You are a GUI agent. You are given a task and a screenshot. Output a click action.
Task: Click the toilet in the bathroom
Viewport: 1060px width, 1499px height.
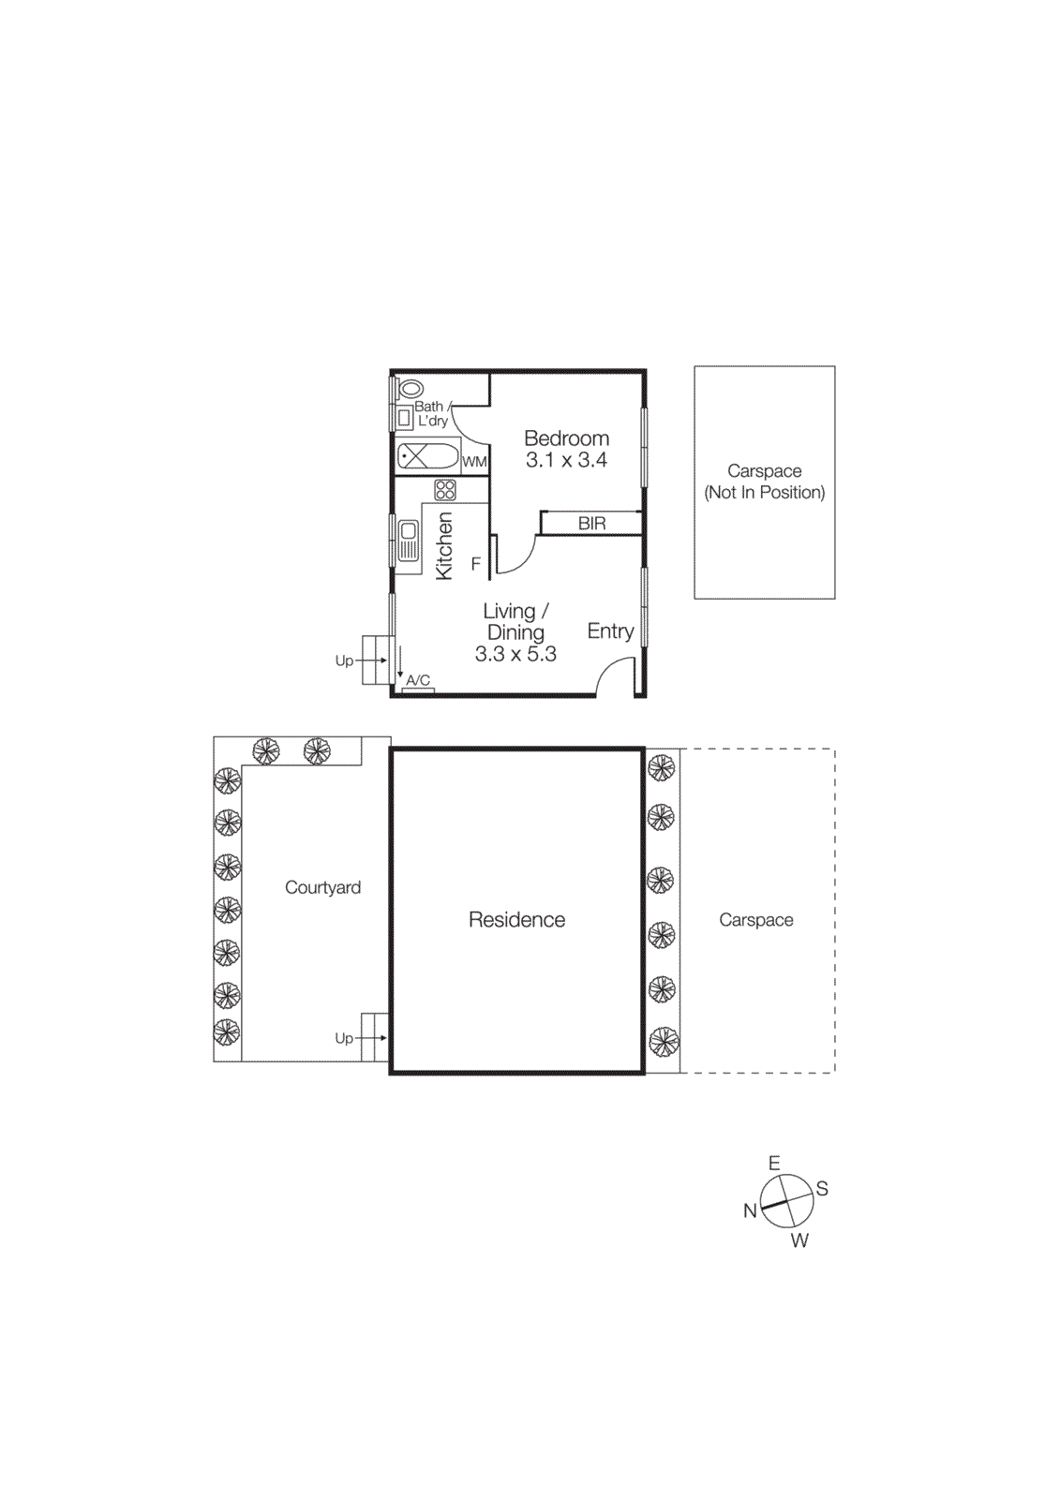(411, 389)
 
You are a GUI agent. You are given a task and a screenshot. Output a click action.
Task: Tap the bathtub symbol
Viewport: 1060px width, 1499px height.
(428, 457)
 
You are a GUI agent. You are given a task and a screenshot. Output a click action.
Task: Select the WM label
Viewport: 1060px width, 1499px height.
(474, 462)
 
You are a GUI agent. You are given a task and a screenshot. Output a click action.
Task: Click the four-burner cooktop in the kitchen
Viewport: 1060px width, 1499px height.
(445, 490)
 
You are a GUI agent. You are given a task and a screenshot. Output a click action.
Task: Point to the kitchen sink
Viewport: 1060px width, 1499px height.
(409, 541)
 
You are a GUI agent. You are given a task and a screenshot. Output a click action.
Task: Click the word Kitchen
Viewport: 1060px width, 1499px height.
(444, 546)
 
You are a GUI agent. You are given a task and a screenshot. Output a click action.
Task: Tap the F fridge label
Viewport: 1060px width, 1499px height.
(476, 564)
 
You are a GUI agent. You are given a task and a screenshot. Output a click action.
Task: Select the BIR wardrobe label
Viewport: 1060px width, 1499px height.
(591, 524)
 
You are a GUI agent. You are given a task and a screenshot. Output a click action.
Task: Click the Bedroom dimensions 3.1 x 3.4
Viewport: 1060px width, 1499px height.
(566, 460)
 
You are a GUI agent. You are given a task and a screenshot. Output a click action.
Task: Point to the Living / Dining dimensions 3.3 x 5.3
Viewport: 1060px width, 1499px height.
(515, 654)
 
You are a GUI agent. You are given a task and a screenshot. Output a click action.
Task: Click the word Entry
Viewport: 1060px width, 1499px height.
(610, 631)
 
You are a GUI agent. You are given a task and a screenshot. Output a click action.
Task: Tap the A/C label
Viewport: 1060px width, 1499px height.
(418, 680)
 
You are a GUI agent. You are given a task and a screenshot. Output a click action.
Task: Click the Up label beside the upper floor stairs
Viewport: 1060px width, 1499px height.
(344, 660)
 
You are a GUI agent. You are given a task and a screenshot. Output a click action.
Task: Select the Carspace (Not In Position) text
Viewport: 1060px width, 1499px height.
(765, 482)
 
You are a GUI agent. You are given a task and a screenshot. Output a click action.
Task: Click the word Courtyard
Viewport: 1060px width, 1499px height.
(322, 887)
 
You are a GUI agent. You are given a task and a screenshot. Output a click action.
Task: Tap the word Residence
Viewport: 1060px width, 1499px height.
(516, 920)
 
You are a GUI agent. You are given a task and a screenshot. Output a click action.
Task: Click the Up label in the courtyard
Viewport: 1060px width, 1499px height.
(344, 1038)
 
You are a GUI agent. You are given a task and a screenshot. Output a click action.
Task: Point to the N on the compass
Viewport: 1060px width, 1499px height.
(750, 1210)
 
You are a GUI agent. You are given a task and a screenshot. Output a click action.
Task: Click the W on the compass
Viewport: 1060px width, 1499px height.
(799, 1240)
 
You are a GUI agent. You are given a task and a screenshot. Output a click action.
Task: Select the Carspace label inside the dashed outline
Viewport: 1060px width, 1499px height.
(755, 920)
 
